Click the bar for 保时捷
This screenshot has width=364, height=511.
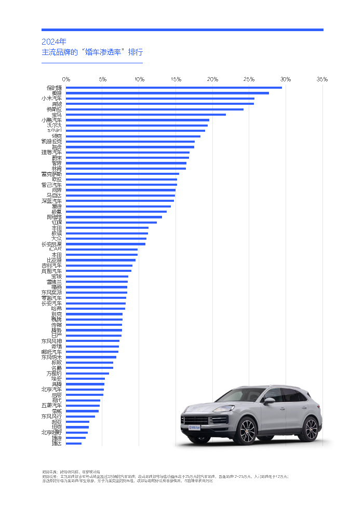pyautogui.click(x=174, y=87)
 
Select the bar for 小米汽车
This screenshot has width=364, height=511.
pyautogui.click(x=160, y=98)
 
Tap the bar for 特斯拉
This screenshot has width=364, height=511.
pyautogui.click(x=155, y=109)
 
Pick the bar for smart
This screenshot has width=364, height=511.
pyautogui.click(x=136, y=130)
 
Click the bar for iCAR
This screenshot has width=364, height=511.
pyautogui.click(x=102, y=249)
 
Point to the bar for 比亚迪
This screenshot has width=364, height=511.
pyautogui.click(x=101, y=260)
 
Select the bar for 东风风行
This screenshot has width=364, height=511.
pyautogui.click(x=80, y=416)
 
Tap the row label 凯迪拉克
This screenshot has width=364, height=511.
pyautogui.click(x=51, y=141)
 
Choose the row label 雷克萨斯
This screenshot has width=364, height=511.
pyautogui.click(x=51, y=174)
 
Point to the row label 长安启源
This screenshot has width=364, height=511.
pyautogui.click(x=51, y=244)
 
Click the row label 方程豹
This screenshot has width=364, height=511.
pyautogui.click(x=54, y=373)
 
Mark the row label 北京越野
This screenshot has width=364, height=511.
pyautogui.click(x=51, y=432)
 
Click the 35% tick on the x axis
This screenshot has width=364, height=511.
pyautogui.click(x=322, y=79)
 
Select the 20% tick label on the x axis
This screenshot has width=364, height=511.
pyautogui.click(x=212, y=79)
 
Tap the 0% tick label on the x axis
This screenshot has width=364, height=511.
pyautogui.click(x=66, y=79)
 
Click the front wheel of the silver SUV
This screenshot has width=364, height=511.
pyautogui.click(x=247, y=432)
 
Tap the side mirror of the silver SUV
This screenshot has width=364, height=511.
pyautogui.click(x=268, y=400)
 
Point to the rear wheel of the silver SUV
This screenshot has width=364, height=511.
pyautogui.click(x=311, y=429)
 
